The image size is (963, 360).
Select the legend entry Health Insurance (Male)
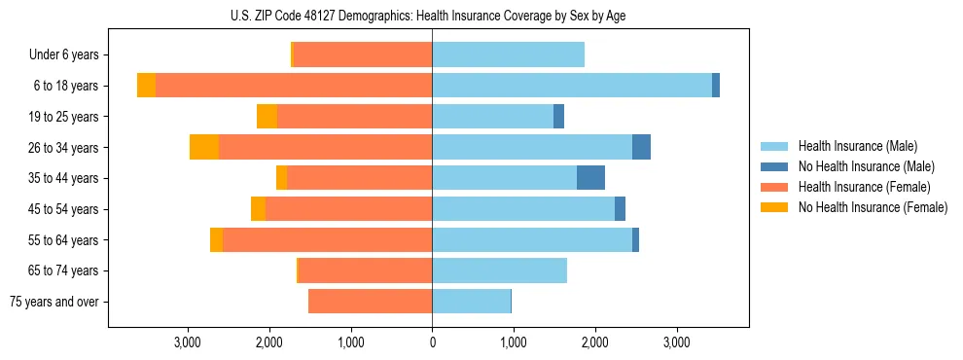[857, 146]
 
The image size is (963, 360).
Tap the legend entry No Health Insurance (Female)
[872, 207]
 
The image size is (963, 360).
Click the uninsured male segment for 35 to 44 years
[590, 178]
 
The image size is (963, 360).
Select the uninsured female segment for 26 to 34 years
[204, 147]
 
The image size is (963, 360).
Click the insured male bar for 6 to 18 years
[572, 86]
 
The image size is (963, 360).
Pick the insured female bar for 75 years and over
[370, 302]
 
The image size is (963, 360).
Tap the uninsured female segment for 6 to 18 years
[146, 86]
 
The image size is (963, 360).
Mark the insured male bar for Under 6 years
[508, 55]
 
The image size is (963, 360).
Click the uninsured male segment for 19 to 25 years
[558, 117]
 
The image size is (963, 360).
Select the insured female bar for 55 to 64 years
[327, 240]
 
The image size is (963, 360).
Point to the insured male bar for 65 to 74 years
[499, 270]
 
